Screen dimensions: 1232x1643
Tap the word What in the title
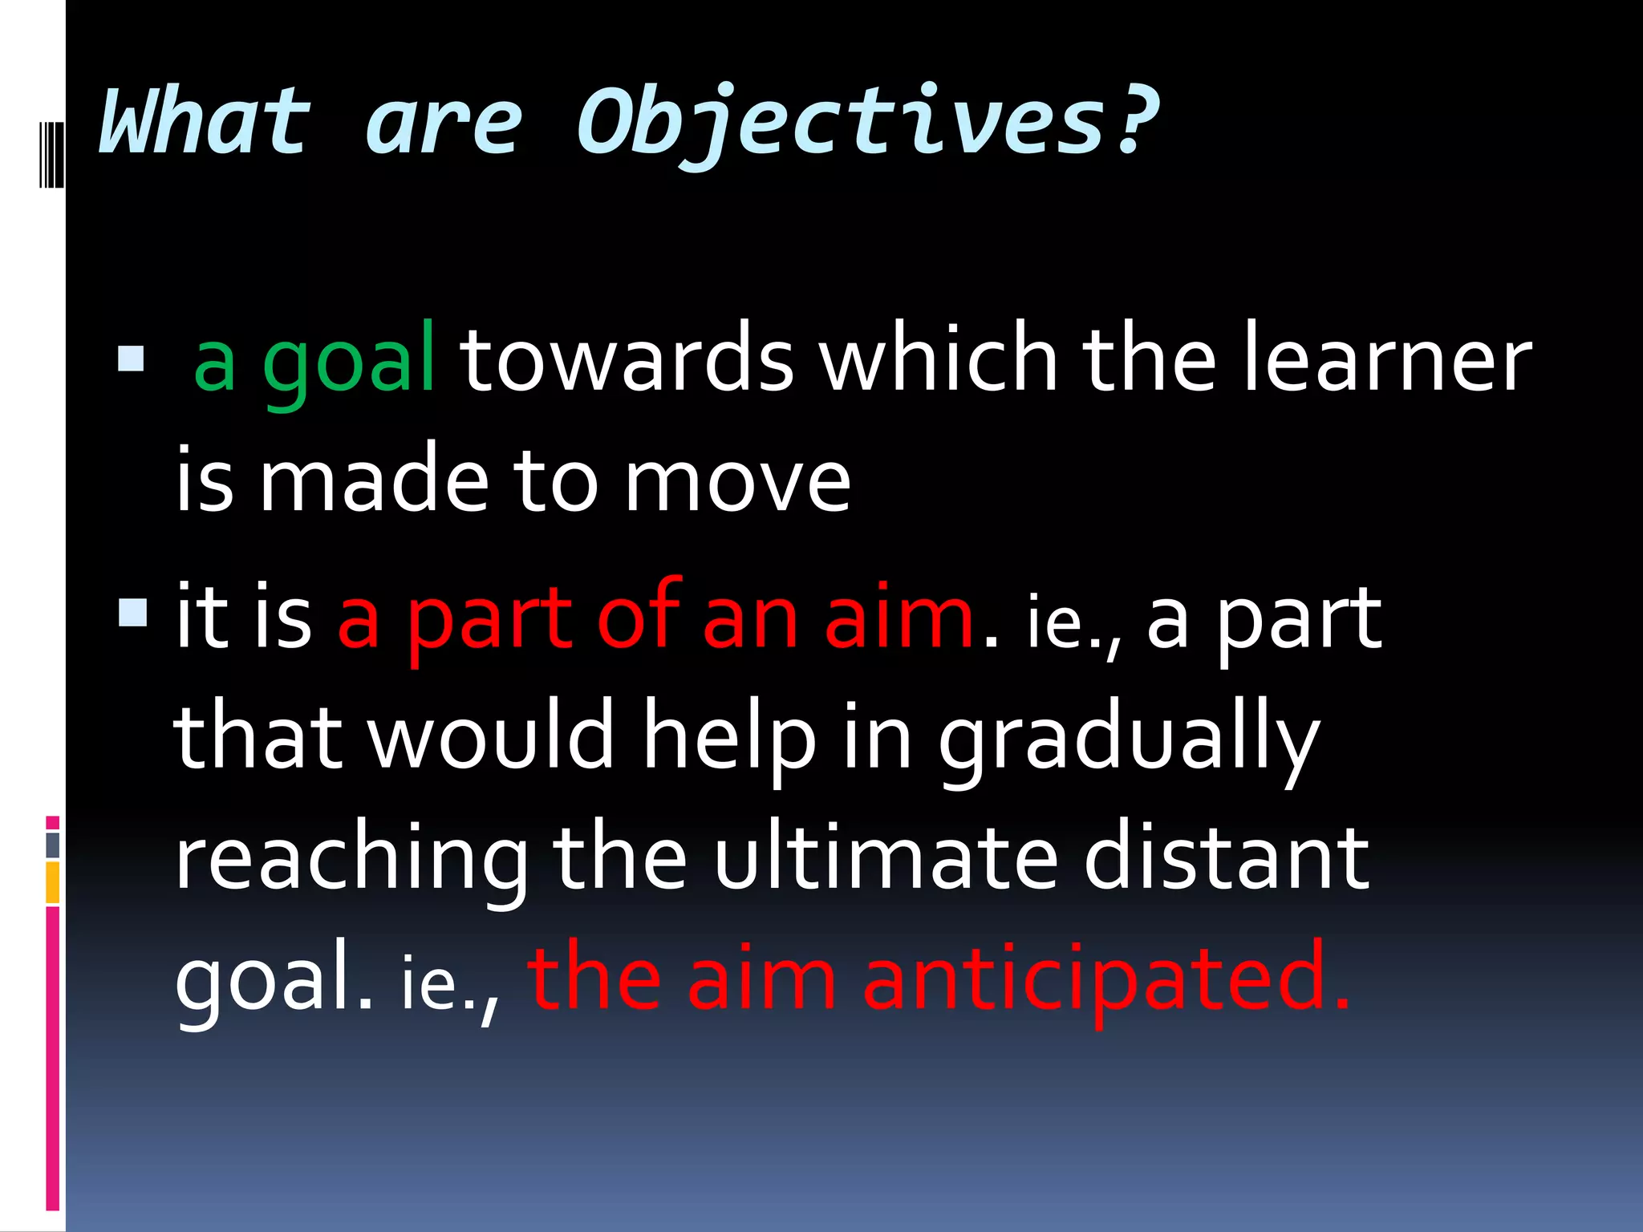pos(205,122)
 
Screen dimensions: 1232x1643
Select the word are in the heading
pos(444,124)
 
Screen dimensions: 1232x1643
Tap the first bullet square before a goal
pos(131,359)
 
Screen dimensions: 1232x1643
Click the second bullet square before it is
pos(132,614)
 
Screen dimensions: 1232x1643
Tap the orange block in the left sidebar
pos(53,882)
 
